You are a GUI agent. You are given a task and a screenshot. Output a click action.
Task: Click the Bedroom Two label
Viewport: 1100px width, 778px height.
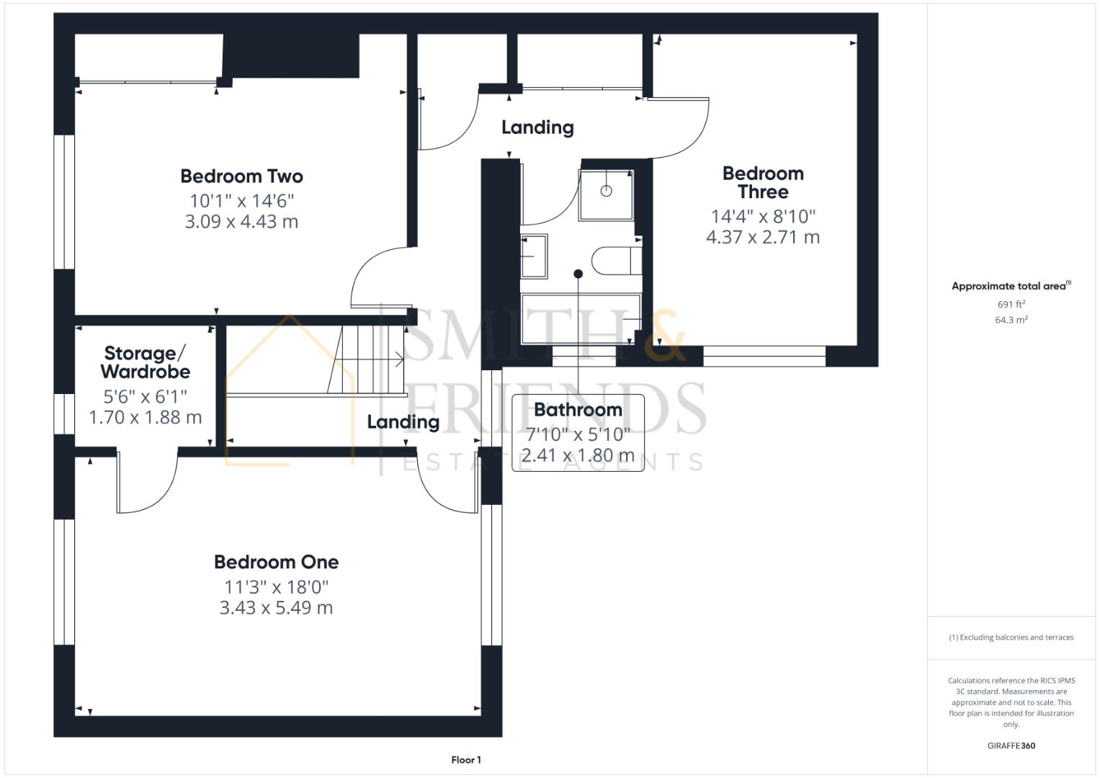click(x=241, y=176)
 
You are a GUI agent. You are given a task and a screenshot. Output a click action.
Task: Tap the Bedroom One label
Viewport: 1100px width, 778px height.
click(x=276, y=562)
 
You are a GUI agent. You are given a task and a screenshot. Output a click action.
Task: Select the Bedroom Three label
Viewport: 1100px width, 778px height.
click(x=763, y=183)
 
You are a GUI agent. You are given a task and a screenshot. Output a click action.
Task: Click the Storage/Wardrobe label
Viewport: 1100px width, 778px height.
click(x=146, y=362)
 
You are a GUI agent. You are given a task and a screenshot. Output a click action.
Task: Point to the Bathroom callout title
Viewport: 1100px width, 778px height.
click(x=578, y=410)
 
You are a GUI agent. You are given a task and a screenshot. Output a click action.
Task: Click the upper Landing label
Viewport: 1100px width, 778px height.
click(x=537, y=128)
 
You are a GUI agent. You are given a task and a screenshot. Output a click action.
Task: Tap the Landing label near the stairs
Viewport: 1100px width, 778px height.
click(x=403, y=422)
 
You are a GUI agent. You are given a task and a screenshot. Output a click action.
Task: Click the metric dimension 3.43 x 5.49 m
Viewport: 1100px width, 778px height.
click(x=276, y=608)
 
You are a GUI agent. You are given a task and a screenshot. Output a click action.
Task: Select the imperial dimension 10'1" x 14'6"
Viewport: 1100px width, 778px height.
click(x=241, y=200)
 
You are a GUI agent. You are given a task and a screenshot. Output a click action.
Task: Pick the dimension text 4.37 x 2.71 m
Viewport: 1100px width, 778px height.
click(x=763, y=237)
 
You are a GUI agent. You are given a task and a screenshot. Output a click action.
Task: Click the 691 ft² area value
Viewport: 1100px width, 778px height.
click(x=1011, y=305)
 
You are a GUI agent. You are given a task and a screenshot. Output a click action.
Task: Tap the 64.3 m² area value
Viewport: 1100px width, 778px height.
click(x=1011, y=320)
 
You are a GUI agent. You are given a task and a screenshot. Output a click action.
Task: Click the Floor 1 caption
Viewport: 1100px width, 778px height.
click(x=466, y=760)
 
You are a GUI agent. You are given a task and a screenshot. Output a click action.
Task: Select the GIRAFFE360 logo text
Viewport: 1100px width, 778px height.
click(x=1011, y=746)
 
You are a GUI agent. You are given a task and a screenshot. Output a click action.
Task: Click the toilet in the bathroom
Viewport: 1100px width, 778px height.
click(x=616, y=260)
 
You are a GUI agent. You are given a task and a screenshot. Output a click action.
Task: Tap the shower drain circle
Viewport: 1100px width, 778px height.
click(x=606, y=191)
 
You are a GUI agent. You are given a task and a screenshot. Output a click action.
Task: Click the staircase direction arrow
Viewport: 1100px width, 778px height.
click(x=398, y=359)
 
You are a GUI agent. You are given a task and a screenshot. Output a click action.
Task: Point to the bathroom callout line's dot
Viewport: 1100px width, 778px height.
click(x=578, y=274)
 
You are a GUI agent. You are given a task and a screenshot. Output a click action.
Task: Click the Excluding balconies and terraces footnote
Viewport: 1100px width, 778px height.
click(x=1011, y=638)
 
